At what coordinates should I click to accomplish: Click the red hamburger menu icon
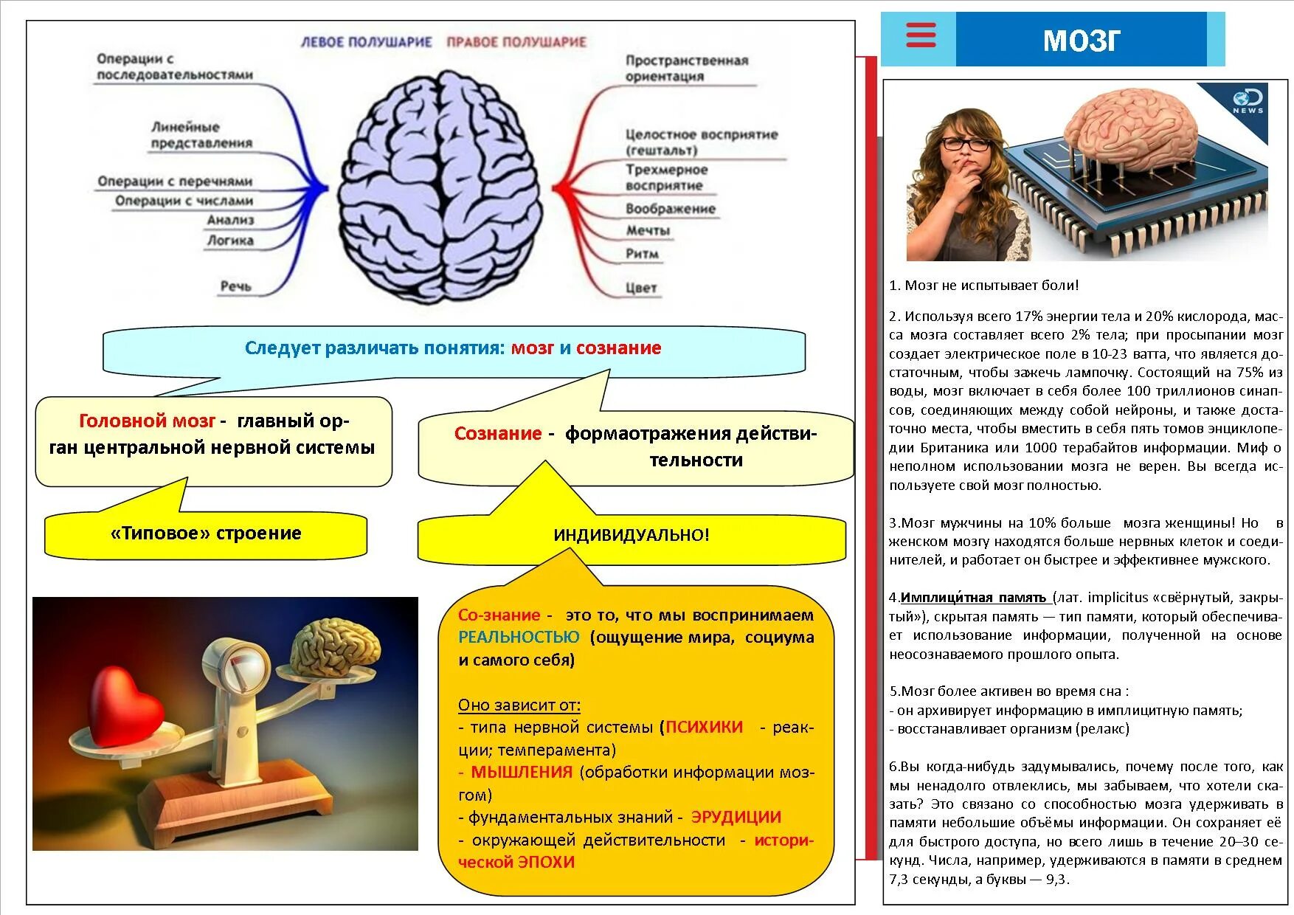(920, 35)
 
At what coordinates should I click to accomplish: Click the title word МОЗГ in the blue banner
(1082, 41)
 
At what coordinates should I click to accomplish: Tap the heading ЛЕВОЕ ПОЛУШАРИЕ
(366, 42)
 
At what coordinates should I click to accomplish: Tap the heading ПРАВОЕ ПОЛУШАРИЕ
(516, 42)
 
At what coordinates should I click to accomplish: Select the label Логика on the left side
(230, 241)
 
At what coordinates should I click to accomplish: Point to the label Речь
(235, 286)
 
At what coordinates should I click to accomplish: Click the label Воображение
(670, 209)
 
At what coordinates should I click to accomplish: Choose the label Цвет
(640, 288)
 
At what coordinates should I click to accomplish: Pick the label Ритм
(642, 254)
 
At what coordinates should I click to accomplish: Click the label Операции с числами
(184, 201)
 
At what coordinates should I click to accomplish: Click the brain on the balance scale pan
(335, 649)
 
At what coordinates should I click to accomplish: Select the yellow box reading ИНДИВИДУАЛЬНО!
(632, 535)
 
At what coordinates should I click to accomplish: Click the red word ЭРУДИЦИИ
(736, 817)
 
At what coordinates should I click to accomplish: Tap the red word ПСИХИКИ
(704, 727)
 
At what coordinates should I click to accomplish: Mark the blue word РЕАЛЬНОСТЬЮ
(519, 637)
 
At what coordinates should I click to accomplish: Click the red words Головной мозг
(147, 421)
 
